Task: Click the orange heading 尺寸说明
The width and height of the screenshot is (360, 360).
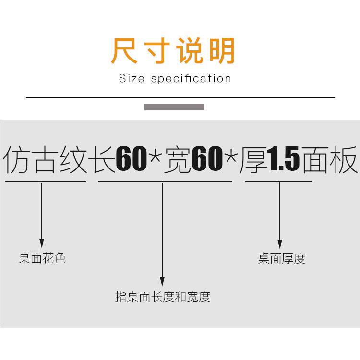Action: point(173,51)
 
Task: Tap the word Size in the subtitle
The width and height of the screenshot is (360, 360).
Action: point(131,79)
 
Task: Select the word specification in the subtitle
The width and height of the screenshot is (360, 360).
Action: point(191,79)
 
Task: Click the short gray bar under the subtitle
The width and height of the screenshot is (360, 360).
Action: point(174,107)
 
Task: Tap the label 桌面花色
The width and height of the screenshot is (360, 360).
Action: point(42,259)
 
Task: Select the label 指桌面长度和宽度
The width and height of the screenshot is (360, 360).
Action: point(163,297)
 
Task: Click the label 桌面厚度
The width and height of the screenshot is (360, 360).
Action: point(282,259)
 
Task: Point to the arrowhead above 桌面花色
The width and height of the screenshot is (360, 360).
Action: point(42,243)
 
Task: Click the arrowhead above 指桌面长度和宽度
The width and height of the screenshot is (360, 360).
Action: point(162,282)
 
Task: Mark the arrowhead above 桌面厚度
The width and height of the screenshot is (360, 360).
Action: point(280,244)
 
